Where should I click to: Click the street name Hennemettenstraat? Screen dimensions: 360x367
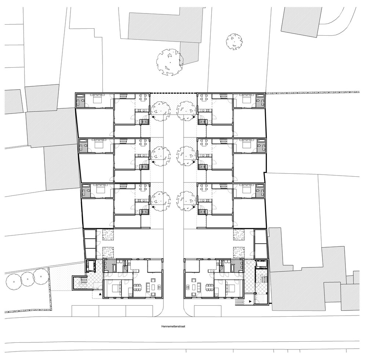(172, 326)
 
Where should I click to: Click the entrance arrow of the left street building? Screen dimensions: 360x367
(99, 294)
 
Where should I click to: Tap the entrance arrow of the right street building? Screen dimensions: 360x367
(250, 301)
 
